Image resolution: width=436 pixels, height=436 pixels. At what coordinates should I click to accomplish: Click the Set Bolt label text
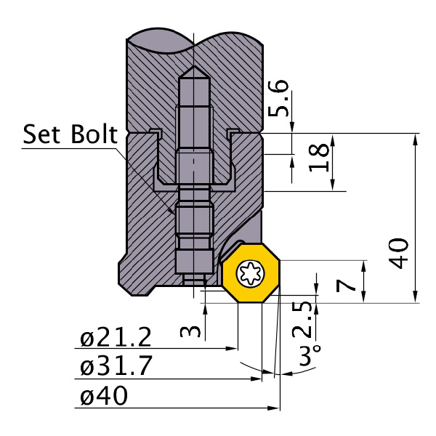pos(69,134)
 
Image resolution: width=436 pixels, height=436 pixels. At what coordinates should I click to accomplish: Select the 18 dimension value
pos(317,157)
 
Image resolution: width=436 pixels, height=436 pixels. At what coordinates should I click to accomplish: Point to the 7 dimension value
pos(350,280)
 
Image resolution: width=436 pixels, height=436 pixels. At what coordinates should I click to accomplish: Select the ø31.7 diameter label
pos(116,367)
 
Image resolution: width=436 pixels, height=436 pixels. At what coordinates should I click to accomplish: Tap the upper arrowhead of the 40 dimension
pos(416,139)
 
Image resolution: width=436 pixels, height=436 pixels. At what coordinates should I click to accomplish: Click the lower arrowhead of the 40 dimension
pos(416,297)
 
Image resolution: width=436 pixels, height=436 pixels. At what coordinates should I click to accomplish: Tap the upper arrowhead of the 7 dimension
pos(363,265)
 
